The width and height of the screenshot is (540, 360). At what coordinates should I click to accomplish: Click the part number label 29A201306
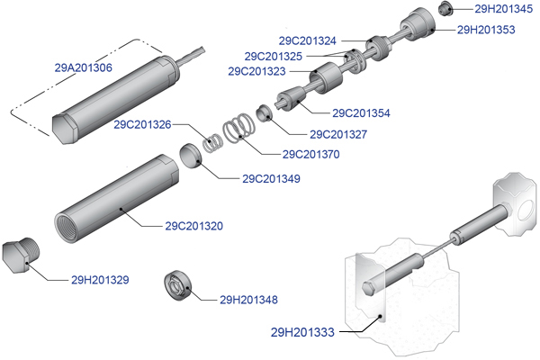point(83,67)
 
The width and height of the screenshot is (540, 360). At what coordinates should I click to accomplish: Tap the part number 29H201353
point(486,30)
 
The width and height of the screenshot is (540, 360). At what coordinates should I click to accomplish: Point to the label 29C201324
point(308,40)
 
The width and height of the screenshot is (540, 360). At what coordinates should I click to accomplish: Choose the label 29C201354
point(361,113)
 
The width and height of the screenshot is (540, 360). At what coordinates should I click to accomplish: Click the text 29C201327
point(337,135)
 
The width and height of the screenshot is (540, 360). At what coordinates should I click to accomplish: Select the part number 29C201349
point(271,178)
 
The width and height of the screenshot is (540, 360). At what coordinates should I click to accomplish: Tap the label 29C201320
point(193,225)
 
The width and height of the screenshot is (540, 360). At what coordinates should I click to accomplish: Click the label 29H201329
point(101,279)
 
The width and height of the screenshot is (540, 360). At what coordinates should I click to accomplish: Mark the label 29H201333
point(302,332)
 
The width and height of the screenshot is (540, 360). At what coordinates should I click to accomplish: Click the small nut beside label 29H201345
point(444,9)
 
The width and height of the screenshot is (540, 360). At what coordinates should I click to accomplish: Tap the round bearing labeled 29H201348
point(175,284)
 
